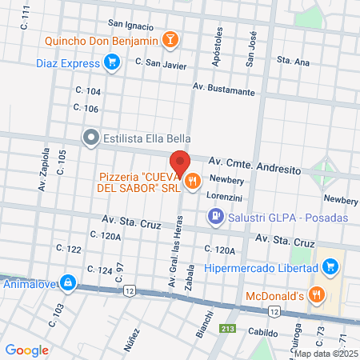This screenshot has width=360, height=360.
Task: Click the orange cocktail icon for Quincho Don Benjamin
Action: pyautogui.click(x=170, y=39)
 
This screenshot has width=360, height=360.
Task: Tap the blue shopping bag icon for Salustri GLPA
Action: pyautogui.click(x=214, y=216)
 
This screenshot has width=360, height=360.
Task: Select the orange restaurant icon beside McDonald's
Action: pyautogui.click(x=317, y=294)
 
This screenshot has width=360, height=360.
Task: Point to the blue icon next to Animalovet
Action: pyautogui.click(x=69, y=282)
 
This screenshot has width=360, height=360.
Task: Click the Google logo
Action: pyautogui.click(x=27, y=350)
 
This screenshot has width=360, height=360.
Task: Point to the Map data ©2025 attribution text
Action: pyautogui.click(x=325, y=353)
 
